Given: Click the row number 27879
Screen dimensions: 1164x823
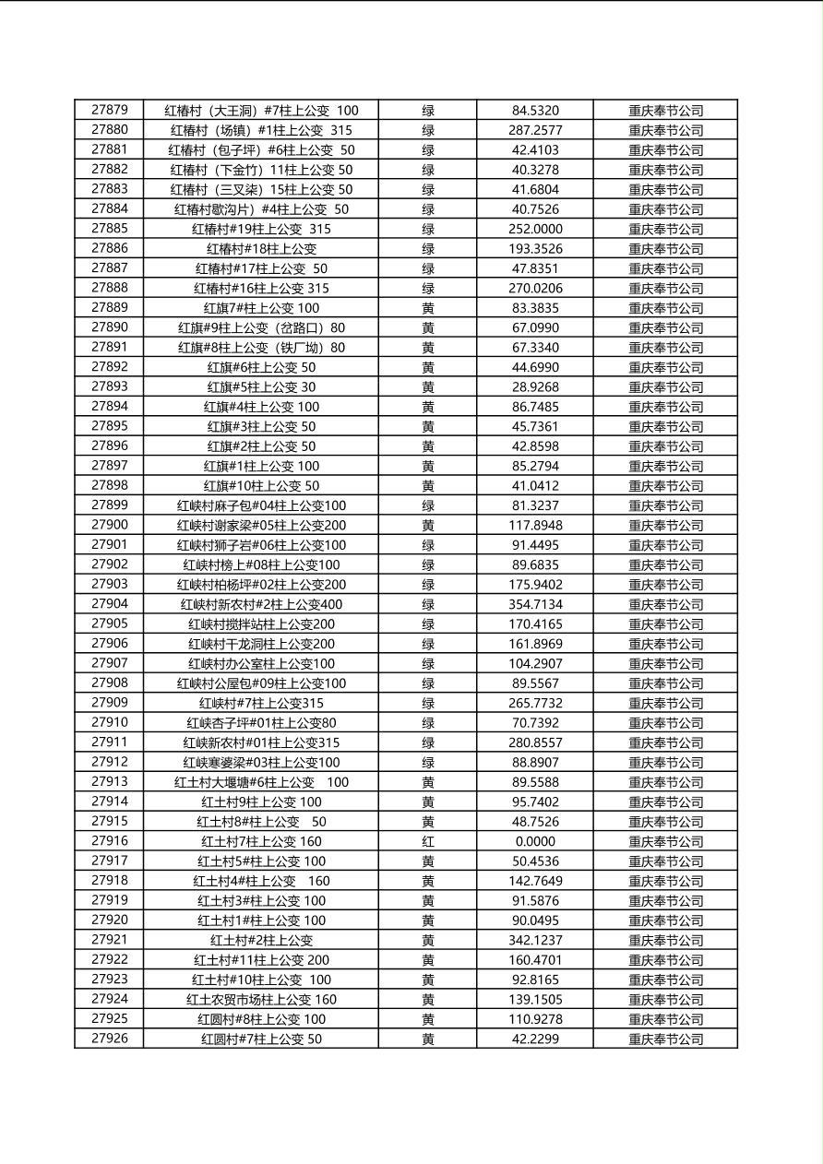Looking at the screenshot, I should click(110, 110).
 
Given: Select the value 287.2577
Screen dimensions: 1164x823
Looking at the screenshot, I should click(535, 130).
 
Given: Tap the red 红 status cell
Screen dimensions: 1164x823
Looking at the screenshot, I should click(428, 841).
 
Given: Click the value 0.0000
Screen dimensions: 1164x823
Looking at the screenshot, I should click(535, 841).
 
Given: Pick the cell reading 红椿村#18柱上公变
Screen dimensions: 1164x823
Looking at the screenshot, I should click(261, 248).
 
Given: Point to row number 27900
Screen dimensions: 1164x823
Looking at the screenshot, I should click(110, 525).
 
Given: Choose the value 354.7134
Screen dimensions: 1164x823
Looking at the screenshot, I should click(535, 604).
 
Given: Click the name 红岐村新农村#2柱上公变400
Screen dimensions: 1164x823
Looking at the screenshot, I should click(261, 604).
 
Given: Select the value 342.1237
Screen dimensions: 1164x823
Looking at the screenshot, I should click(535, 940).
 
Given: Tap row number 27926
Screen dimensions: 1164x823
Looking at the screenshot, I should click(110, 1039).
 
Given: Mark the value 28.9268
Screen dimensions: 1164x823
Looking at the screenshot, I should click(535, 386).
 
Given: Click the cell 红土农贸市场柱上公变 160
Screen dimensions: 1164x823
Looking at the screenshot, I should click(261, 999).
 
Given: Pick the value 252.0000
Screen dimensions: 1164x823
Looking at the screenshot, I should click(535, 229).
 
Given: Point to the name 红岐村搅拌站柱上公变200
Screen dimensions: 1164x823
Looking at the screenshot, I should click(261, 624).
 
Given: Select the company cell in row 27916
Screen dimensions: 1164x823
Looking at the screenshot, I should click(665, 841).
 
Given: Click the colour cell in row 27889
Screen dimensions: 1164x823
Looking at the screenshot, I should click(428, 308).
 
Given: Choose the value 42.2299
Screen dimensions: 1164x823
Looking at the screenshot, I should click(535, 1039).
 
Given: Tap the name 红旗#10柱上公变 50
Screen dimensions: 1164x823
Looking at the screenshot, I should click(261, 485).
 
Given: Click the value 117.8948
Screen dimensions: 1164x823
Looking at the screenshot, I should click(535, 525).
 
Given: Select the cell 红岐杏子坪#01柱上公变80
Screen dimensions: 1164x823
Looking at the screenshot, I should click(261, 722).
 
